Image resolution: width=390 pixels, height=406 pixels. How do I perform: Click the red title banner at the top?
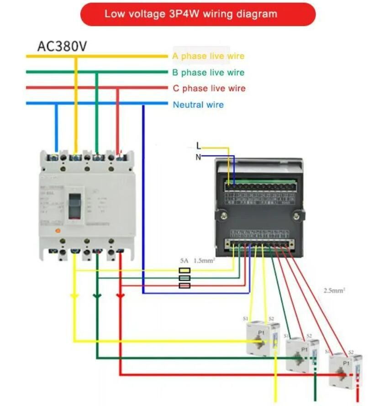pos(198,14)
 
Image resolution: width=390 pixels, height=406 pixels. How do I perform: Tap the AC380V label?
pos(62,47)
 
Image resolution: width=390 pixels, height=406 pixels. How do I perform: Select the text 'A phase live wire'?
pos(208,56)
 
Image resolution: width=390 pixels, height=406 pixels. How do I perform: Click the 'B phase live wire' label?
pos(208,72)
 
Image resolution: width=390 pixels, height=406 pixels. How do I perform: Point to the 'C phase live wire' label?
pos(209,88)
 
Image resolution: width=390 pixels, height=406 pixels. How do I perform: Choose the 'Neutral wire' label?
pos(198,105)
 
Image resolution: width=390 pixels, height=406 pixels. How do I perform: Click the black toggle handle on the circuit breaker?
pos(74,205)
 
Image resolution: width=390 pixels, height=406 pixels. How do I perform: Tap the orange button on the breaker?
pos(58,231)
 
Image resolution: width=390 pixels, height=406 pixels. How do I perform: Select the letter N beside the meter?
pos(198,157)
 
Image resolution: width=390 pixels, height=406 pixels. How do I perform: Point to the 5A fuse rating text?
pos(184,261)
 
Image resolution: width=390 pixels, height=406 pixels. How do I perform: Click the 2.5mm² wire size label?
pos(334,290)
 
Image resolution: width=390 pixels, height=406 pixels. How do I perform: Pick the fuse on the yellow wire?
pos(184,270)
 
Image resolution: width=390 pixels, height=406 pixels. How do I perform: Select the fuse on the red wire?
pos(184,285)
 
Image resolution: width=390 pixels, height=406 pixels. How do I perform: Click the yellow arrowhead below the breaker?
pos(74,296)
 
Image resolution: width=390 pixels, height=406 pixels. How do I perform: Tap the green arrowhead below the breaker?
pos(97,296)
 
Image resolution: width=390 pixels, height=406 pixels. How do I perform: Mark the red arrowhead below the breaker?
pos(120,296)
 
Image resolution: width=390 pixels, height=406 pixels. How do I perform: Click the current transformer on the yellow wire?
pos(263,338)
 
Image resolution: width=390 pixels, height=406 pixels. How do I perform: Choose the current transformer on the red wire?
pos(345,369)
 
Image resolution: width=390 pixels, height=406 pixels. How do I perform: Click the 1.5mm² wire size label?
pos(204,261)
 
